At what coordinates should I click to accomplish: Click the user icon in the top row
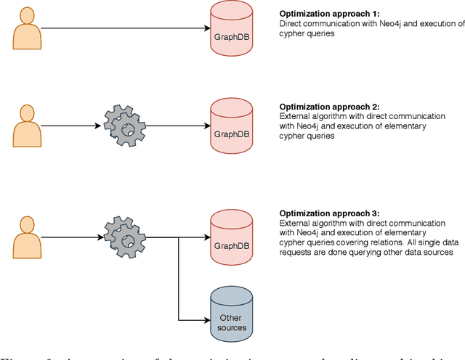[28, 30]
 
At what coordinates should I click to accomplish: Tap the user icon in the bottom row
[28, 236]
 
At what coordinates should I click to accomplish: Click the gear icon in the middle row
[125, 126]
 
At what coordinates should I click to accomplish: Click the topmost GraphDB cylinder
[232, 29]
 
